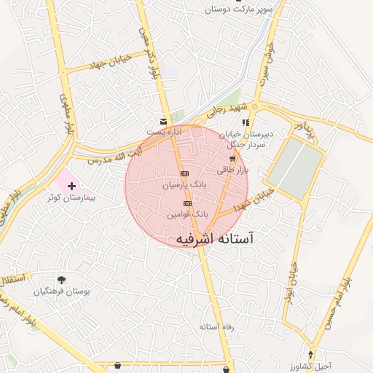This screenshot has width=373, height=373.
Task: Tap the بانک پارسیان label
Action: (x=184, y=186)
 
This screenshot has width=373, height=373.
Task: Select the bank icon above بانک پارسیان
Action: (x=184, y=173)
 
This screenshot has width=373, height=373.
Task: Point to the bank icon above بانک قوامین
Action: (x=188, y=203)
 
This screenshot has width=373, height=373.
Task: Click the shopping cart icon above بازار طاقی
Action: (x=232, y=158)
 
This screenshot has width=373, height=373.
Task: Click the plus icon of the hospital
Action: (x=71, y=186)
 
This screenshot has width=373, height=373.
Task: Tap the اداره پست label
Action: (x=163, y=132)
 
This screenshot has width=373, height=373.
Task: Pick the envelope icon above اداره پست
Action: (x=163, y=120)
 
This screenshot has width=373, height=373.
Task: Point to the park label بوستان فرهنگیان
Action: (x=62, y=291)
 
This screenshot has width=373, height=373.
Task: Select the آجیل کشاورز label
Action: (x=312, y=366)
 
